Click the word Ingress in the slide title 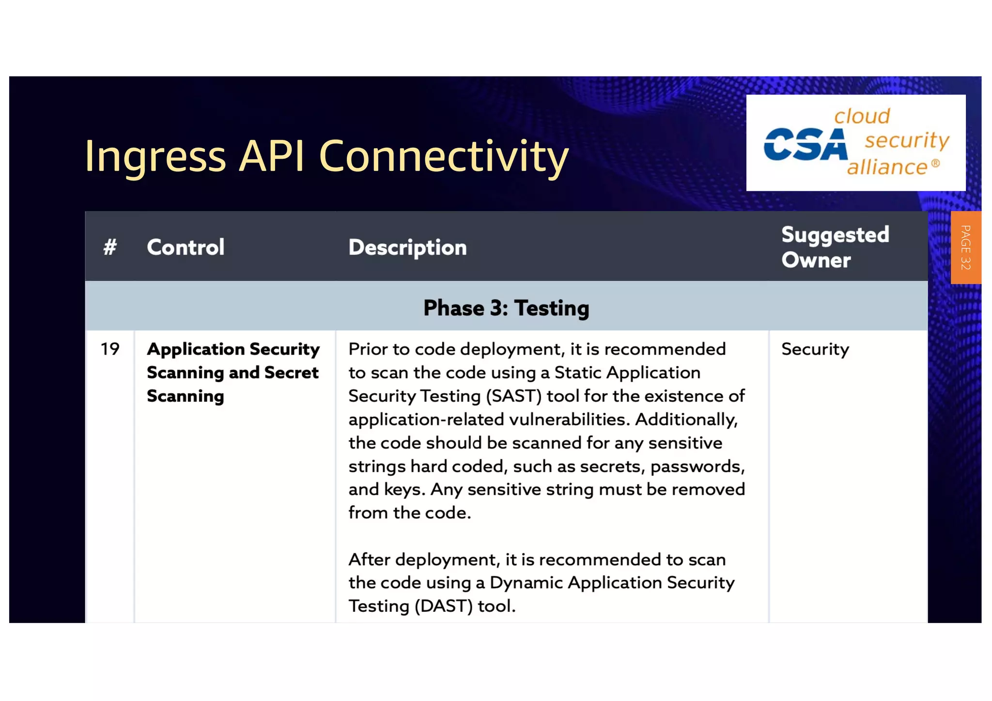(x=155, y=156)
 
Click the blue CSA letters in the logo (x=806, y=144)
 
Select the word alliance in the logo (x=887, y=168)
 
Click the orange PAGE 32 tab (x=965, y=247)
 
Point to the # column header (x=110, y=247)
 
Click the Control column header (x=186, y=247)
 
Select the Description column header (x=407, y=247)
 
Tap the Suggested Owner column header (x=835, y=247)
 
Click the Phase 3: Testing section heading (x=506, y=308)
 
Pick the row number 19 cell (x=110, y=349)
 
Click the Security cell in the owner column (x=815, y=349)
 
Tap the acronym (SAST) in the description (x=513, y=396)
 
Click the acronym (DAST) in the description (x=443, y=606)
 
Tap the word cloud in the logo (x=862, y=116)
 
